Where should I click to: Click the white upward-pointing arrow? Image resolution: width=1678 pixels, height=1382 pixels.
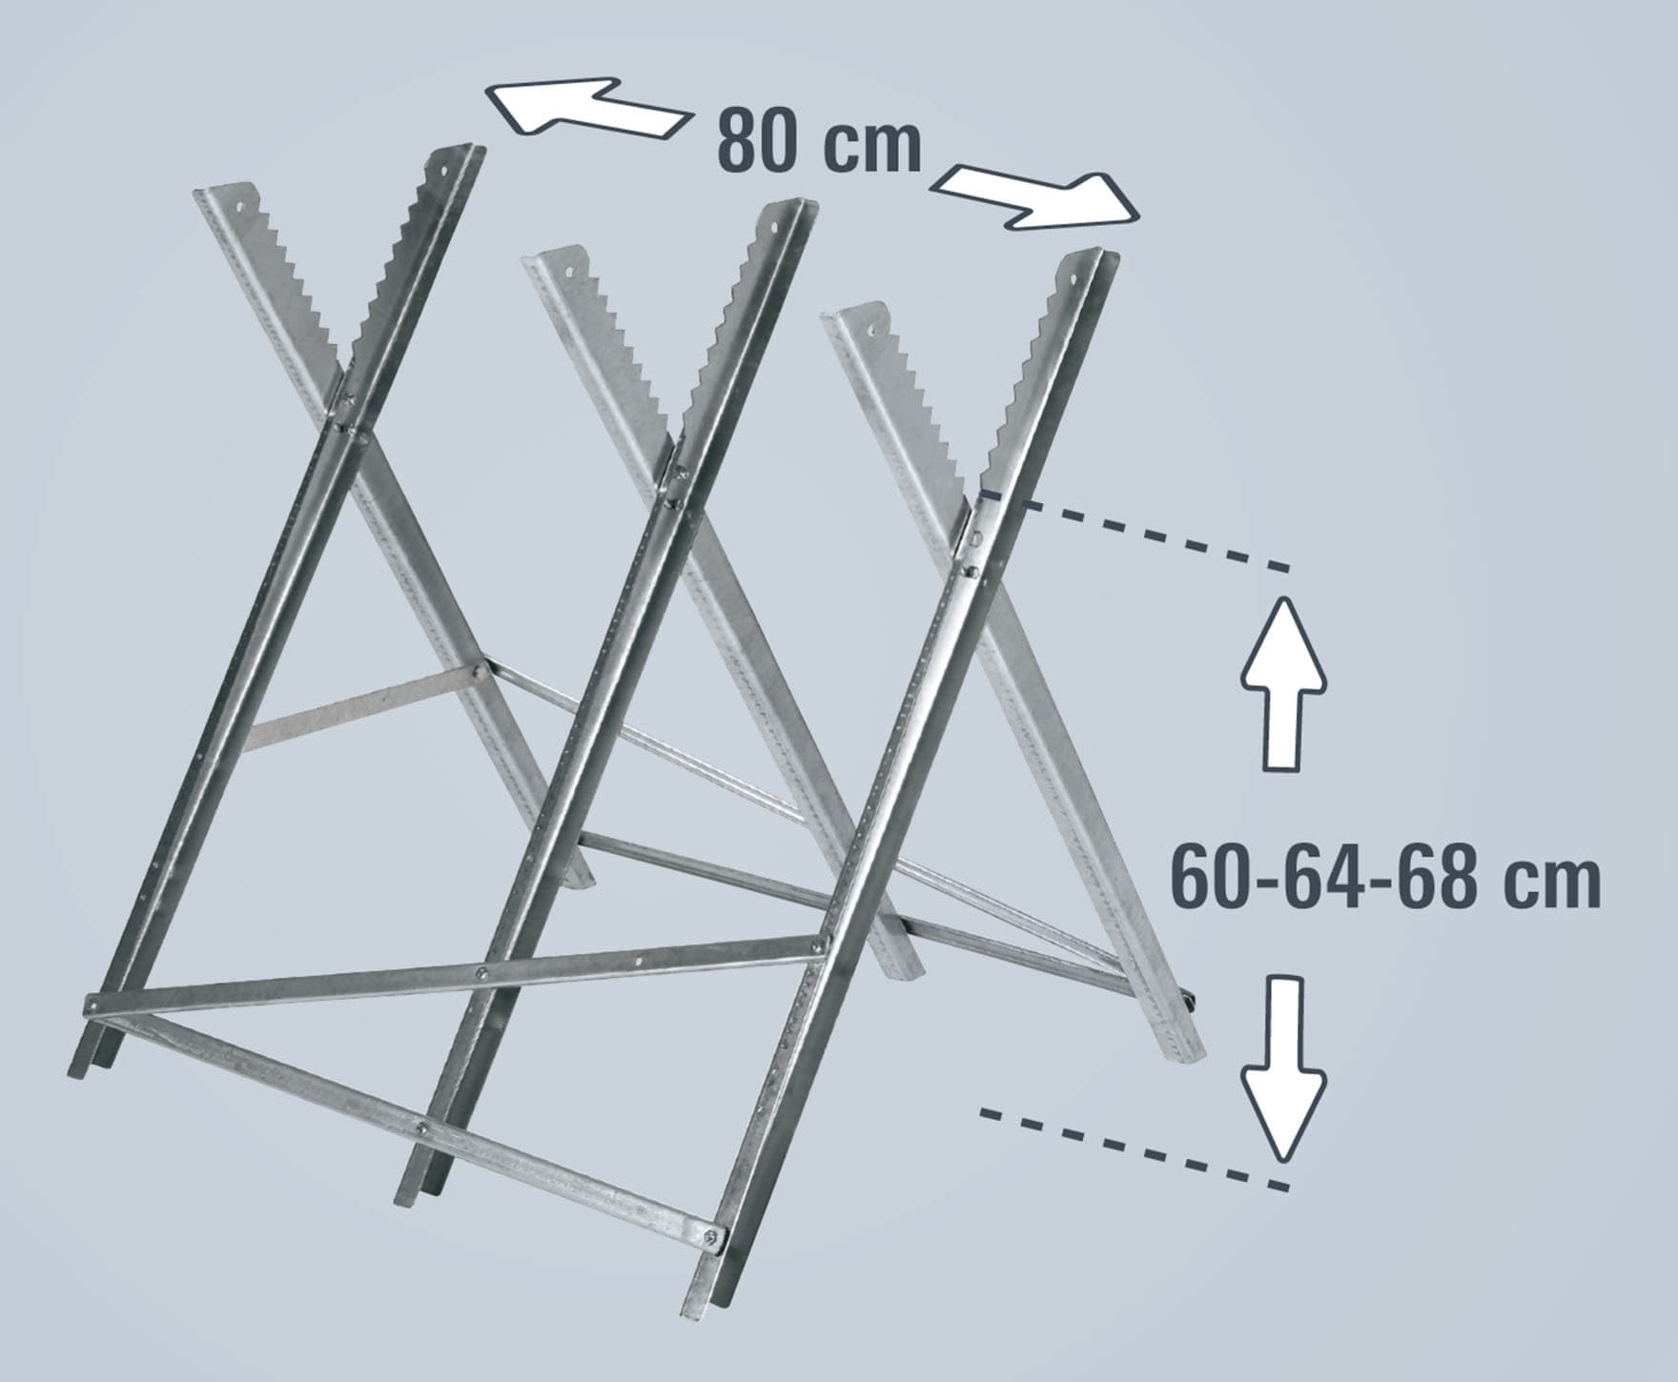coord(1283,682)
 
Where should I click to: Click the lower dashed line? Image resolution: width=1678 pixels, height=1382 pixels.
coord(1134,1148)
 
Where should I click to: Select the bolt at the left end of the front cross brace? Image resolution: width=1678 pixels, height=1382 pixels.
coord(92,1004)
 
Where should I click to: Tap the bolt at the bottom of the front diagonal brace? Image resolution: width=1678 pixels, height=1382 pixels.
coord(709,1236)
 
